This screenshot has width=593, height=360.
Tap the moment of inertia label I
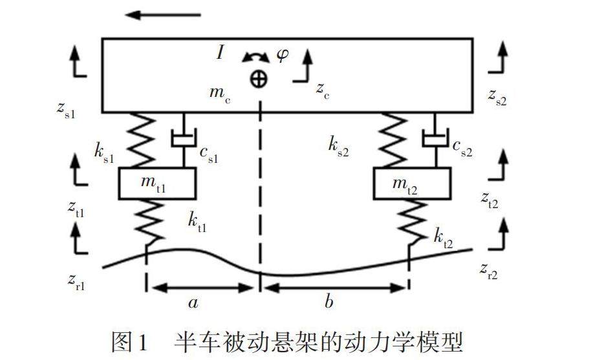221,52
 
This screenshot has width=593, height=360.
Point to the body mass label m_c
218,93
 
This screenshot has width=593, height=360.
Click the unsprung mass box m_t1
156,184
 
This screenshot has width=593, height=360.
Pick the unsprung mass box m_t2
412,184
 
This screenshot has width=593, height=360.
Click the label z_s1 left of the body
66,109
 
